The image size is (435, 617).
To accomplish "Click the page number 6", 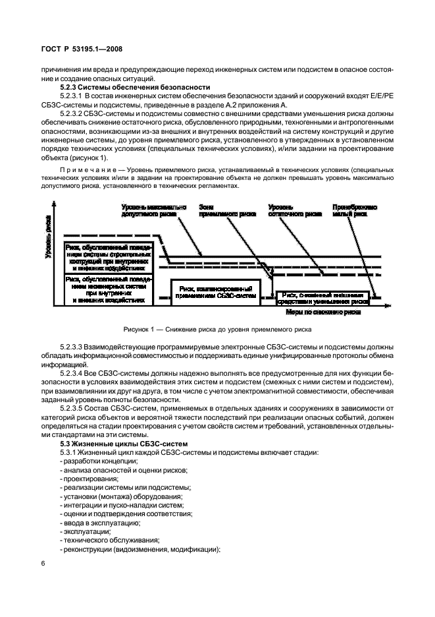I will coord(43,564).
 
